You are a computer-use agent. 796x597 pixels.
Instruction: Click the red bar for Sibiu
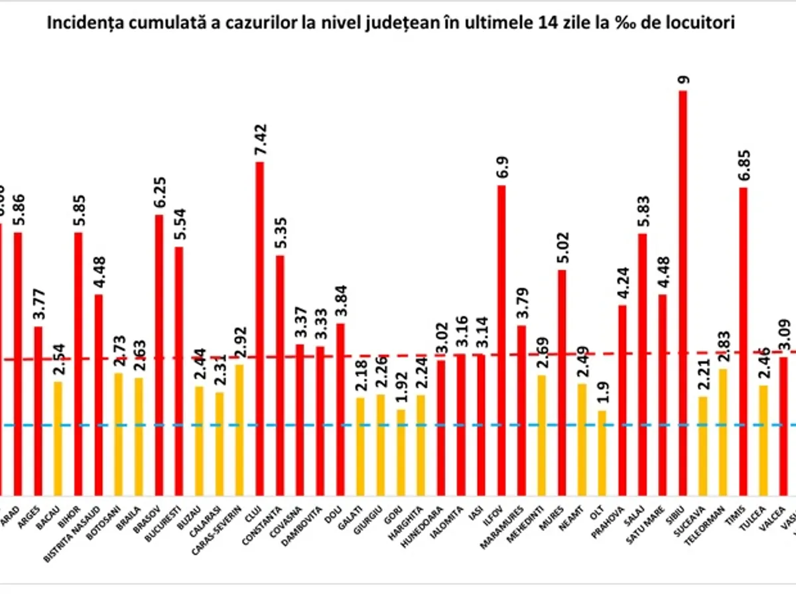[683, 292]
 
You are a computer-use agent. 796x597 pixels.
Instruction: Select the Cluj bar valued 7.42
[259, 328]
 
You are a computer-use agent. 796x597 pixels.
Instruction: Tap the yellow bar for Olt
[602, 452]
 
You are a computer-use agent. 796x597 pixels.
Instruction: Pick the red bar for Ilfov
[501, 340]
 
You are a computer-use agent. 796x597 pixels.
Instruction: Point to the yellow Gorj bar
[400, 452]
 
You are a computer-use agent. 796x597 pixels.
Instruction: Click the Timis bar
[744, 341]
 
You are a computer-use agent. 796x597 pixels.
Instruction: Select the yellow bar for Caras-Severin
[239, 429]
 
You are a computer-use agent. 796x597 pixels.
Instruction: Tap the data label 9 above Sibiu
[683, 80]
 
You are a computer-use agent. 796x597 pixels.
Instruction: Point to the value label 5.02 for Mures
[562, 247]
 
